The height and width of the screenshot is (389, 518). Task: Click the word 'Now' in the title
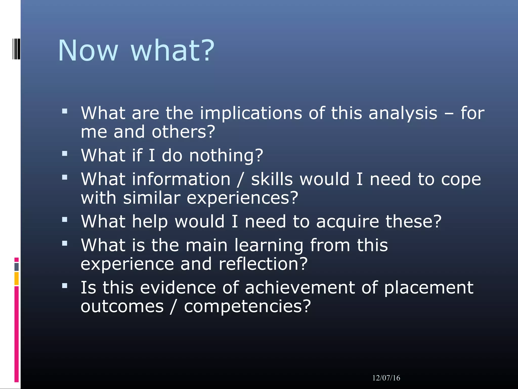tap(88, 51)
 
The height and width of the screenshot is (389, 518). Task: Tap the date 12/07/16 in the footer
tap(386, 378)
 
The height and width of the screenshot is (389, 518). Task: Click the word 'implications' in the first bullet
tap(251, 113)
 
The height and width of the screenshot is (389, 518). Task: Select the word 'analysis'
tap(403, 113)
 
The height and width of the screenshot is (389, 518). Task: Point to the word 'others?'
tap(183, 132)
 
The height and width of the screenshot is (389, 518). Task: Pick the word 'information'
tap(181, 179)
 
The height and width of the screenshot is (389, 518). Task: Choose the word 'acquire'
tap(348, 222)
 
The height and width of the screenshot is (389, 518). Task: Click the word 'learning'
tap(269, 245)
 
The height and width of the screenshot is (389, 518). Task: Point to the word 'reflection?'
tap(263, 264)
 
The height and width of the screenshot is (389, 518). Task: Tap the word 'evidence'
tap(178, 288)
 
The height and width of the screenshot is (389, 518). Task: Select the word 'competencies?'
tap(247, 306)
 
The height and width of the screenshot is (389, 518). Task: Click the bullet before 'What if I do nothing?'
tap(65, 153)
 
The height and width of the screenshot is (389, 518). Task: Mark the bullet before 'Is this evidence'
tap(65, 286)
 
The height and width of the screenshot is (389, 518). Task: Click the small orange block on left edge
tap(16, 279)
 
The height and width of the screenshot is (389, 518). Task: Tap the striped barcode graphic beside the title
tap(16, 49)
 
